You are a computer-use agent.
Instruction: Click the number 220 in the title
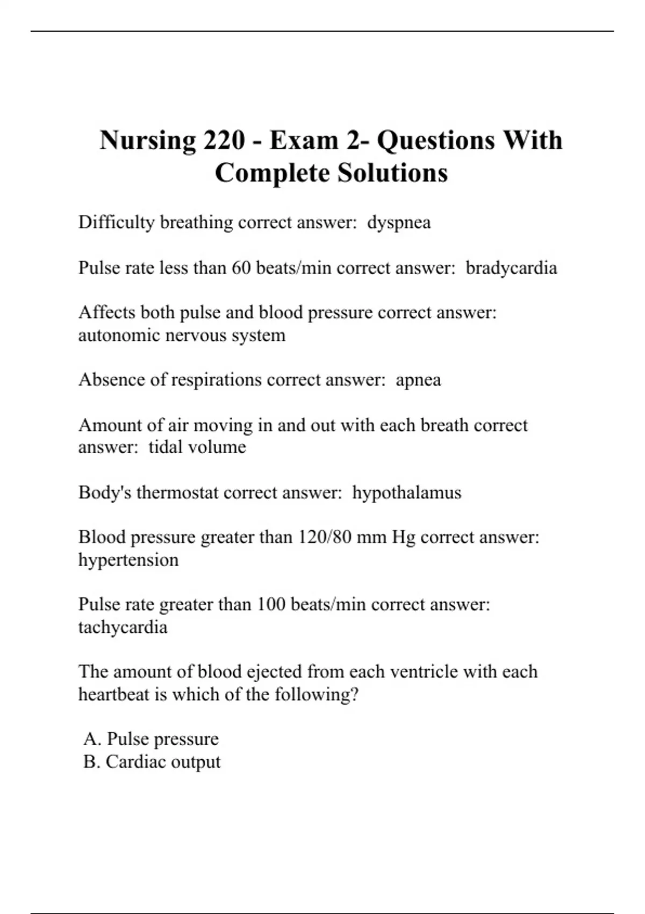223,140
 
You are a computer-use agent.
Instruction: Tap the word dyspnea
399,223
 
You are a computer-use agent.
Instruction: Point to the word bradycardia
511,268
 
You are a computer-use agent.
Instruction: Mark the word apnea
418,380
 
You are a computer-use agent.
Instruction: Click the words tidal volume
197,447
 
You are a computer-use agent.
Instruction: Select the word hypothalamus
406,492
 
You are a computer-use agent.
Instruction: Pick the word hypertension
128,560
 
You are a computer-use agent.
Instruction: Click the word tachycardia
123,627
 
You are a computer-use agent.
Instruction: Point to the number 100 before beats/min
270,604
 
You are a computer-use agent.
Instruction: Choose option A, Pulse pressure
151,739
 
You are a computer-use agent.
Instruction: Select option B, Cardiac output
152,762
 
